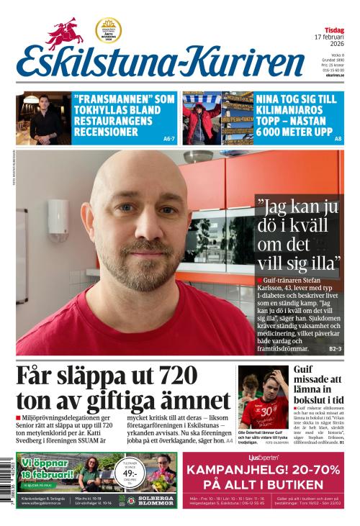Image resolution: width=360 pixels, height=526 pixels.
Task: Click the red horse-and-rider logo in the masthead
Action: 66,33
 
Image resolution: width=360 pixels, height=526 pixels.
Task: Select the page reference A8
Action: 338,138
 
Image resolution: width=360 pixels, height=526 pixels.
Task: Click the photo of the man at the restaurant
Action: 43,118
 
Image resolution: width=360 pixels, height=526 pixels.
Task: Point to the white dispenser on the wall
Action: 58,219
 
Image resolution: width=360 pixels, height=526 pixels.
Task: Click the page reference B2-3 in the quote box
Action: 335,349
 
